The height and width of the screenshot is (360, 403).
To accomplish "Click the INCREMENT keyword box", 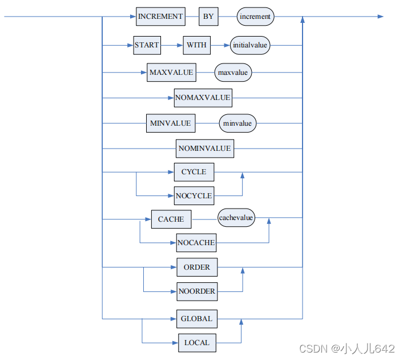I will [160, 17].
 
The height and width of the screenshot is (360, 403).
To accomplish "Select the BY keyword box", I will [208, 17].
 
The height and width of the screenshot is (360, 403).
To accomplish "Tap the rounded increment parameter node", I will [255, 17].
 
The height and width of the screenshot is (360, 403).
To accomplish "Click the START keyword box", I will [147, 44].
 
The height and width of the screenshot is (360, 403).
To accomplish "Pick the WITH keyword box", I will [196, 44].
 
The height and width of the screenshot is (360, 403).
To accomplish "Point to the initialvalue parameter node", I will [250, 44].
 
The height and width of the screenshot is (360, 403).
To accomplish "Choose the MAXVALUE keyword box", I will [171, 73].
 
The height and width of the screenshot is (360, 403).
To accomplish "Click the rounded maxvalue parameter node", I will [233, 73].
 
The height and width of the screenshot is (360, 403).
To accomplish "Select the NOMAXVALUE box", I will [203, 98].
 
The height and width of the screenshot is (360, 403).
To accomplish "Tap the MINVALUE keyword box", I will [170, 123].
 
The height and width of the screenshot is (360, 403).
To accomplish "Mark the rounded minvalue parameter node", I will [238, 123].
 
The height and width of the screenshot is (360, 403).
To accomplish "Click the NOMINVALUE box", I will [204, 149].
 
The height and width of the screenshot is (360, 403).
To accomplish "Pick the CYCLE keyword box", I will [194, 171].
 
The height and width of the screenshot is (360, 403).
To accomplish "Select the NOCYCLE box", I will [194, 195].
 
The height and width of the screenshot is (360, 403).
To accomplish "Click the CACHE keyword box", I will [171, 219].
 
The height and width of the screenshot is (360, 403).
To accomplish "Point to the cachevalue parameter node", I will [236, 218].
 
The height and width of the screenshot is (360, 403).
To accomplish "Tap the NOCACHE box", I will [196, 242].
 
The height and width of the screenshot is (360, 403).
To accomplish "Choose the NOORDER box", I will [197, 291].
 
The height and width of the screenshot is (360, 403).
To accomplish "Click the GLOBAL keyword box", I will [196, 319].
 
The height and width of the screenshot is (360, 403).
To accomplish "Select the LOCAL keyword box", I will [197, 343].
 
